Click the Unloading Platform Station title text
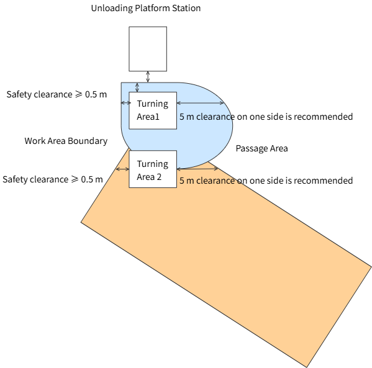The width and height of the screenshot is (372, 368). click(146, 8)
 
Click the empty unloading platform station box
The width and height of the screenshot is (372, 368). click(148, 49)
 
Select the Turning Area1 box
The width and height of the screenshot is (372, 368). click(153, 110)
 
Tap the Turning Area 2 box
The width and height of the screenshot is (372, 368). click(153, 169)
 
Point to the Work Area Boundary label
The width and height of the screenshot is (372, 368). click(66, 141)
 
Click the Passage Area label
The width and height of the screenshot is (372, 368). click(261, 148)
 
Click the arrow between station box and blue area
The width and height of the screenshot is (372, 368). click(148, 77)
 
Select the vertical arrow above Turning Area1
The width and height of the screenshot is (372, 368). click(137, 88)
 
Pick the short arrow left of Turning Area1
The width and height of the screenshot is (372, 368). click(125, 102)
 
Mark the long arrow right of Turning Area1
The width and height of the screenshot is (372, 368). click(201, 103)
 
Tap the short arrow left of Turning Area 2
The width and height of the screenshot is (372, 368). click(122, 169)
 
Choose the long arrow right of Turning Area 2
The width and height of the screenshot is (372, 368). click(197, 169)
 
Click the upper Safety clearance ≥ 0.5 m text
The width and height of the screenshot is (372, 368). click(57, 94)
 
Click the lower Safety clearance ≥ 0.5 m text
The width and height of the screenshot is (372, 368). click(53, 179)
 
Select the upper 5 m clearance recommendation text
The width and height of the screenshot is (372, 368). click(266, 117)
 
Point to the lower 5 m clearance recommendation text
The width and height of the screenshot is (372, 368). click(266, 181)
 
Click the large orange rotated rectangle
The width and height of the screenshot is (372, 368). click(226, 249)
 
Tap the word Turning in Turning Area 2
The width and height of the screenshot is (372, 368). click(153, 164)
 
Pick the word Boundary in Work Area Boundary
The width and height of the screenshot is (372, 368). click(88, 141)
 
